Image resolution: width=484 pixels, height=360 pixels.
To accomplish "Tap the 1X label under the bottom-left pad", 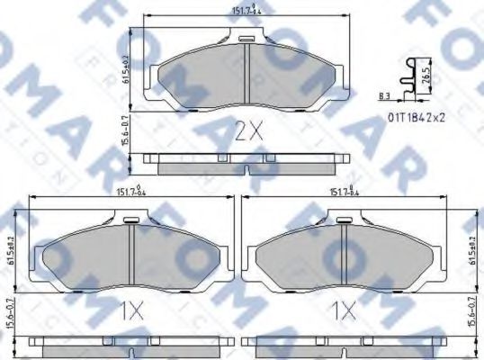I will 131,311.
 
